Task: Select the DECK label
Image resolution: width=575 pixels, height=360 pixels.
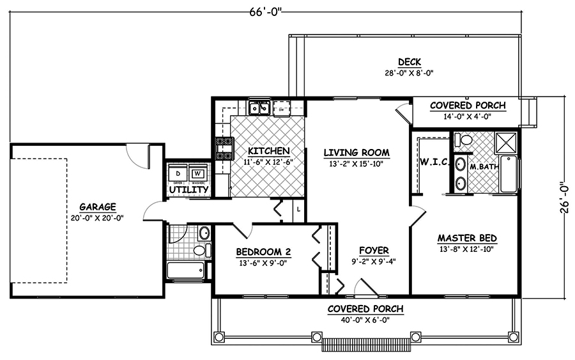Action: (409, 62)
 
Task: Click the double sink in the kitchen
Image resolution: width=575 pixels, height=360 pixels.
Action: (259, 107)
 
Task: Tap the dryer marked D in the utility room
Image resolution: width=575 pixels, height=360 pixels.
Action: (178, 174)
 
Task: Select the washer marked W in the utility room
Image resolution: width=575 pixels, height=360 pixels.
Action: (198, 174)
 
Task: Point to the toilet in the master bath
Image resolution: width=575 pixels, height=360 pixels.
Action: (464, 139)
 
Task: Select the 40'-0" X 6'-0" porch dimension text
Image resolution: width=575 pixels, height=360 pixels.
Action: (365, 321)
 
